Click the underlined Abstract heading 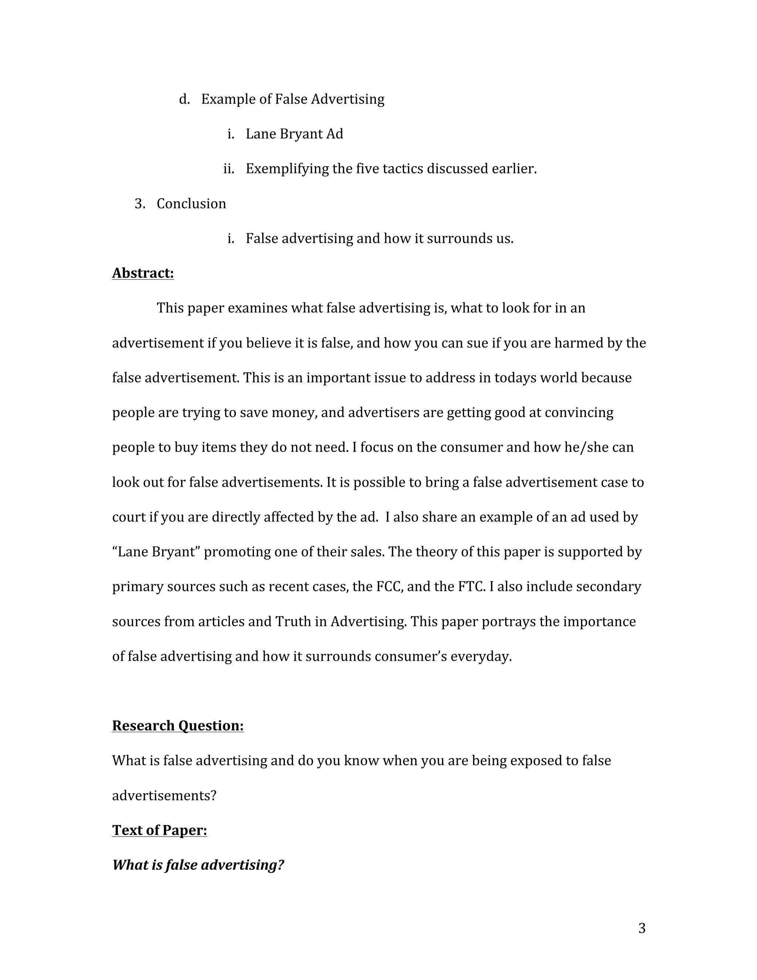tap(143, 273)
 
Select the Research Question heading tap(177, 726)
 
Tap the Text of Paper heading tap(159, 831)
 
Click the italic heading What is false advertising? tap(198, 865)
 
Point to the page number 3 tap(642, 928)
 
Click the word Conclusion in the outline tap(191, 204)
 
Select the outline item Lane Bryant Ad tap(294, 134)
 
